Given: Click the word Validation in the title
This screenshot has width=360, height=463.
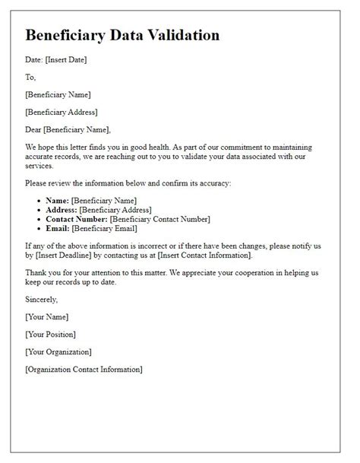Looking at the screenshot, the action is (181, 35).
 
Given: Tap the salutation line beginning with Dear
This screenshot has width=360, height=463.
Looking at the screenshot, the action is (68, 129).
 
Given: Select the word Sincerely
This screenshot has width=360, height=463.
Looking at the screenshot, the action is (43, 300).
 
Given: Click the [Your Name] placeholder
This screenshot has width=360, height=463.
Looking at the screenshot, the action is (46, 316).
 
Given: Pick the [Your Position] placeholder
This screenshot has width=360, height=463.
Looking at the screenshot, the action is (52, 334).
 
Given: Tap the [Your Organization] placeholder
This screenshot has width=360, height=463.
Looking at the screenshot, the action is (58, 351).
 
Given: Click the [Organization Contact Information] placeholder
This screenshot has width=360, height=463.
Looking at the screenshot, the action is (83, 369).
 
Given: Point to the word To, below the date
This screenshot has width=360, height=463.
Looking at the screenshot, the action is (30, 77).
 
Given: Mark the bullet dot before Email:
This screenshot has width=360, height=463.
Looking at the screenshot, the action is (39, 228).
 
